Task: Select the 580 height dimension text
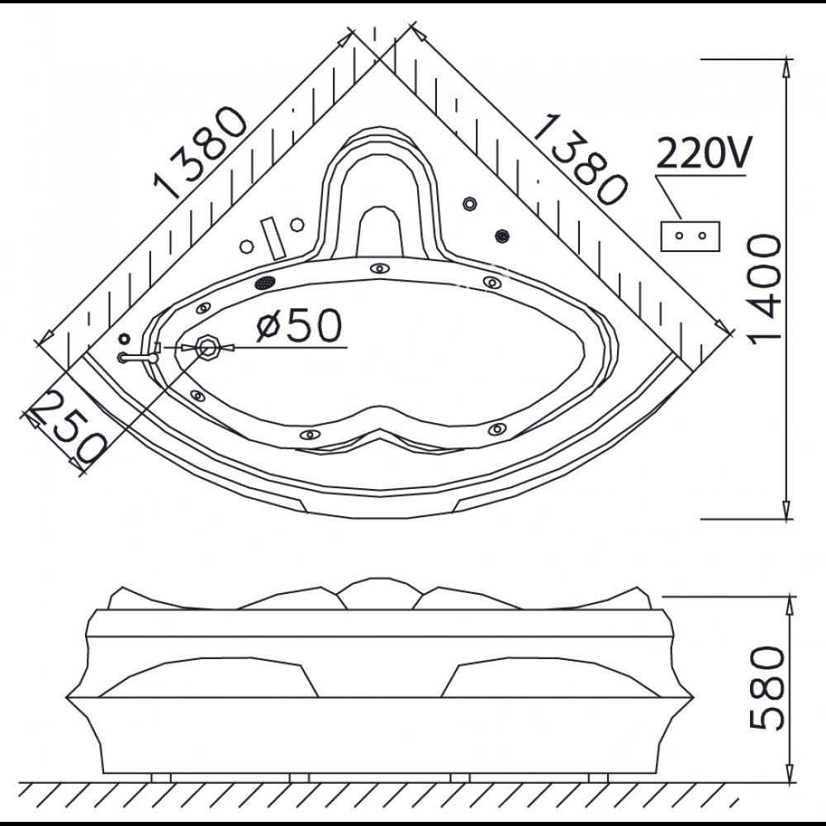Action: [x=765, y=689]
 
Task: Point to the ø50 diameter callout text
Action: [x=297, y=327]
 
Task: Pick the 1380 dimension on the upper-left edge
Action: [x=203, y=154]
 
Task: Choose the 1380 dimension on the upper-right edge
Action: [x=576, y=159]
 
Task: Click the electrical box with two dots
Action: [x=691, y=235]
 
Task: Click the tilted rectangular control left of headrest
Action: [x=271, y=236]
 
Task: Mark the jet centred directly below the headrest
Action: [x=379, y=268]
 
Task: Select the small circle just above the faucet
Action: [x=125, y=338]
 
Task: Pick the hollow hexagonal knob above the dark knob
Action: [x=471, y=202]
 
